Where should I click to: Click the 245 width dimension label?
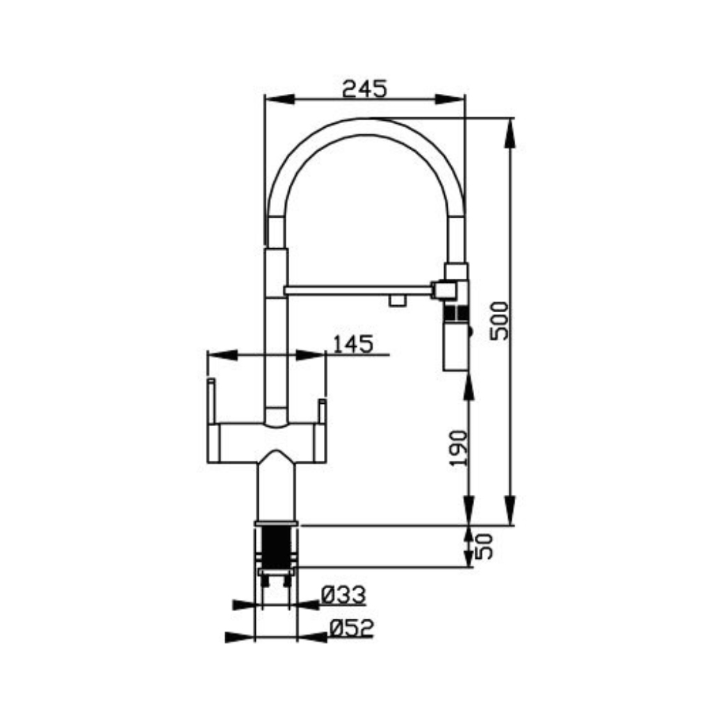pos(364,89)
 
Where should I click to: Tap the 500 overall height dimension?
pos(499,321)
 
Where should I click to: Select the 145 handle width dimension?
pos(352,344)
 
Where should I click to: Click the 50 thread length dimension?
pos(484,546)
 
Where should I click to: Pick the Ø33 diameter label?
pos(343,595)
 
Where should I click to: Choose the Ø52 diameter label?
pos(351,628)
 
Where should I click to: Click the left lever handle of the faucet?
pos(211,401)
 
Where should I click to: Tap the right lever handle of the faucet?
pos(322,412)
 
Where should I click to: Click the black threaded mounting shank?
pos(276,548)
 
